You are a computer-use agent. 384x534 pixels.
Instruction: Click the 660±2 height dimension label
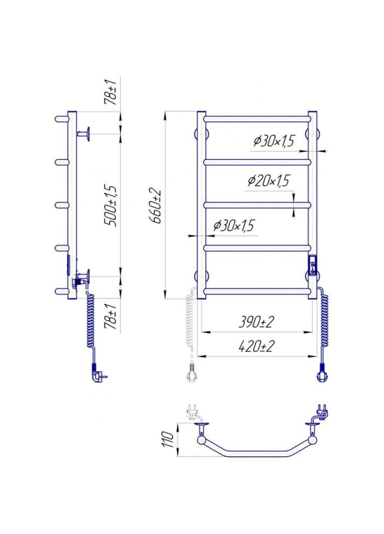point(155,206)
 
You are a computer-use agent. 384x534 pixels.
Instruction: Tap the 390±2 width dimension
point(256,321)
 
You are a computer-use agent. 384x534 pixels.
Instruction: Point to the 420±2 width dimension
point(256,346)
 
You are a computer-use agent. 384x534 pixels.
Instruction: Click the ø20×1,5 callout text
point(269,180)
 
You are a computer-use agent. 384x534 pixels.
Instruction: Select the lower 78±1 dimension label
point(112,317)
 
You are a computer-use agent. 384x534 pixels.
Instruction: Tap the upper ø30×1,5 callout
point(274,140)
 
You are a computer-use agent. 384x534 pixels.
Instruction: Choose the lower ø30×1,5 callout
point(234,226)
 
